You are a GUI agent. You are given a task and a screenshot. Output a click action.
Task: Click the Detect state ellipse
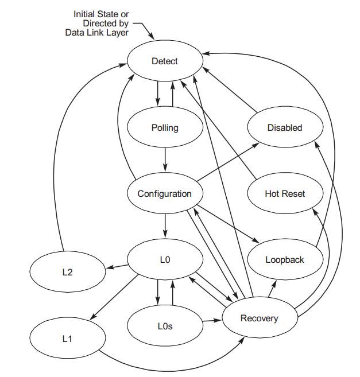pos(165,61)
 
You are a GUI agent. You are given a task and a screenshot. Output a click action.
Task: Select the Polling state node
pos(165,127)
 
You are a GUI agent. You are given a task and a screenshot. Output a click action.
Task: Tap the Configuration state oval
pos(165,193)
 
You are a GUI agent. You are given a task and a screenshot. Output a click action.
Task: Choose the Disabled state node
pos(284,127)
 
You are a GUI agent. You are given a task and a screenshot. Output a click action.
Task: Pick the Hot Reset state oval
pos(284,193)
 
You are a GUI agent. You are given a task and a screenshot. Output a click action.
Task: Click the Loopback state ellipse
pos(284,259)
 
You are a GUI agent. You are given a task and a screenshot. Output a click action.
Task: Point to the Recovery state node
pos(259,318)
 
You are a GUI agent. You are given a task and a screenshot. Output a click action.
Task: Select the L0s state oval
pos(165,326)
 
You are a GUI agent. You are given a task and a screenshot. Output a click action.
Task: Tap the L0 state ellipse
pos(165,259)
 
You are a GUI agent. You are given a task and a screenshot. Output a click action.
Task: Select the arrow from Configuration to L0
pos(165,226)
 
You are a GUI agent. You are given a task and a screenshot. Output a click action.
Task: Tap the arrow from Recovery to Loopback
pos(272,289)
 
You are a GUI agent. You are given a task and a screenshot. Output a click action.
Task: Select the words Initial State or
pos(100,14)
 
